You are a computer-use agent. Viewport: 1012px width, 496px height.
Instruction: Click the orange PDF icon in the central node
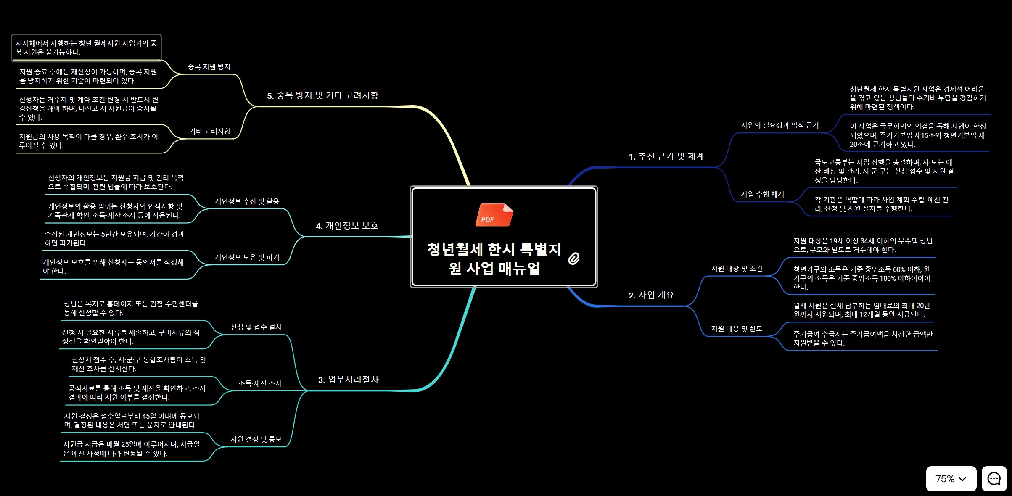[x=494, y=215]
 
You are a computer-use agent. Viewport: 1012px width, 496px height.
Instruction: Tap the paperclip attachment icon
[x=573, y=259]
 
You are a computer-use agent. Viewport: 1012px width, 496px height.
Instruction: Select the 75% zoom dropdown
[x=951, y=478]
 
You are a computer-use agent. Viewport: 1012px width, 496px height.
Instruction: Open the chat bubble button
[x=994, y=478]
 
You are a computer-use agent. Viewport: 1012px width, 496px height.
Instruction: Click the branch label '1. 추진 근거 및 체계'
[x=666, y=157]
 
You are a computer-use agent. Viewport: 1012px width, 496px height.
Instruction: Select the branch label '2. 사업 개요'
[x=651, y=295]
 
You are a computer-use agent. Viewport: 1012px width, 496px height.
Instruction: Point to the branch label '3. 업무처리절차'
[x=348, y=380]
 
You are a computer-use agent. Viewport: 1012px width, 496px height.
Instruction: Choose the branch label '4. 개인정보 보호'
[x=347, y=226]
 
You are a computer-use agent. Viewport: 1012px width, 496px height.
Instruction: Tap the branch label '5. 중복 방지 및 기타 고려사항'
[x=322, y=96]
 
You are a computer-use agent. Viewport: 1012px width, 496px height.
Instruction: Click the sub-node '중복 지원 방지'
[x=209, y=67]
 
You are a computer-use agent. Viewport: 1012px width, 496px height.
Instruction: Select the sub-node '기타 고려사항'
[x=209, y=132]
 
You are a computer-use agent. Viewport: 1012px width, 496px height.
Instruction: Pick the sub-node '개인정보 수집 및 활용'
[x=247, y=202]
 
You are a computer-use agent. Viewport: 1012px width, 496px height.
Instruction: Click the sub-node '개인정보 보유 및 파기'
[x=247, y=258]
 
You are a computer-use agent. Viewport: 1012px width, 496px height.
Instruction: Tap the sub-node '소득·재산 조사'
[x=260, y=384]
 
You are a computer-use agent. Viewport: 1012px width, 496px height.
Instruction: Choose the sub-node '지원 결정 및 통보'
[x=256, y=440]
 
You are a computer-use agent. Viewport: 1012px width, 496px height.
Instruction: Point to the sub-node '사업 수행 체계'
[x=762, y=195]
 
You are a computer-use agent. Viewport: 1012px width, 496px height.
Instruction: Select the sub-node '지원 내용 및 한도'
[x=736, y=329]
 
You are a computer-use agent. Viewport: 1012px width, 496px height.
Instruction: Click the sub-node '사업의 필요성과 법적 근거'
[x=779, y=126]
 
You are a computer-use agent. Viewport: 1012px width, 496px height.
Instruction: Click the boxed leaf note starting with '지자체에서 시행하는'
[x=86, y=48]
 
